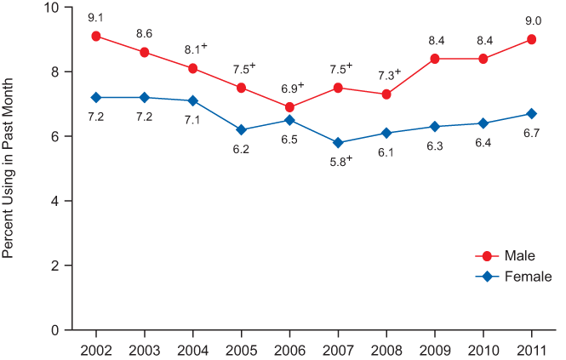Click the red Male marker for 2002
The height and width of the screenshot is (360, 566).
point(96,37)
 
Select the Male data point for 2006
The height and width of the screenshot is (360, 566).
point(289,107)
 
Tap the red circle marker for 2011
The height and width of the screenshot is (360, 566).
point(531,39)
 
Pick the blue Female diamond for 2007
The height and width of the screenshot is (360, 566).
point(338,143)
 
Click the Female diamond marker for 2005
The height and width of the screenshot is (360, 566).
point(241,130)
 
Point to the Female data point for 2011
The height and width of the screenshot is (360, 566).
point(531,114)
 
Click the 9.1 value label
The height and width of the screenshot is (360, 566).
point(96,16)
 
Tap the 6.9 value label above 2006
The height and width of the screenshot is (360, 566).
point(289,88)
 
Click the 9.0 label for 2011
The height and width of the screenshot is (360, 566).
point(531,19)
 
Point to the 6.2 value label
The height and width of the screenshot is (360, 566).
point(241,149)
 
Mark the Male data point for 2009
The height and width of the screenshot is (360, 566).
point(435,59)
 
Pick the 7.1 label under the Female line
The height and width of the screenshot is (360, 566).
point(192,120)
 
